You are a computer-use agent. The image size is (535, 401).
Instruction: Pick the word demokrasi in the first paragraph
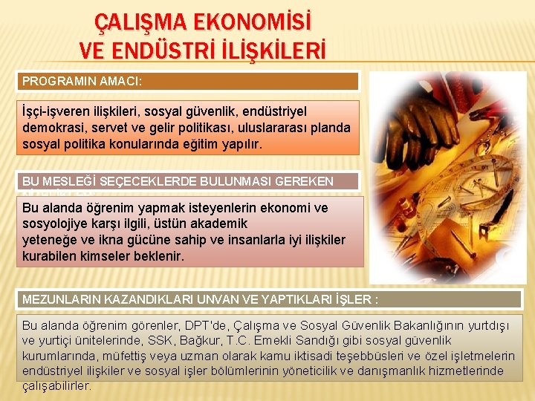point(51,127)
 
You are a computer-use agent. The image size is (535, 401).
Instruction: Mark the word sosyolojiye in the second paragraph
point(59,224)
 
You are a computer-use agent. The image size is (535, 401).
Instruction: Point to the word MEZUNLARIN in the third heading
point(60,299)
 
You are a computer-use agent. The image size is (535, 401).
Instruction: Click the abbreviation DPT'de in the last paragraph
point(209,325)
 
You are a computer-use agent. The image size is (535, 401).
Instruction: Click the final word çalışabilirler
point(57,385)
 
